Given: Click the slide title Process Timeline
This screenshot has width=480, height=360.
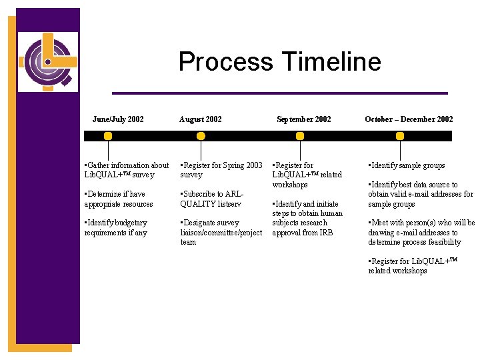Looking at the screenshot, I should click(x=279, y=62).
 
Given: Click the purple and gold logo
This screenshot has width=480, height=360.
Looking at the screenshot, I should click(x=47, y=61).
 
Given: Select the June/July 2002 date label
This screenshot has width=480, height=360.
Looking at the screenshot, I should click(x=118, y=119).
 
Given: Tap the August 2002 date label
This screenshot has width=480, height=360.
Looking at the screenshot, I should click(x=201, y=119).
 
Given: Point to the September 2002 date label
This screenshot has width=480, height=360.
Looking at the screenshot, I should click(x=303, y=119).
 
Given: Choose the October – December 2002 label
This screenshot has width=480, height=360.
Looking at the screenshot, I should click(x=409, y=119).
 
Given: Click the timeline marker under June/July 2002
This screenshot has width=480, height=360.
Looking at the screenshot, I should click(x=108, y=136).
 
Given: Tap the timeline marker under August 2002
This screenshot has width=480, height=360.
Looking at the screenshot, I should click(x=201, y=136).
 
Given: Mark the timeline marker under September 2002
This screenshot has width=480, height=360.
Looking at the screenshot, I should click(x=300, y=136).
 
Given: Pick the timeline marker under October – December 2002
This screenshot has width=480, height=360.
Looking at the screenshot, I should click(x=399, y=136).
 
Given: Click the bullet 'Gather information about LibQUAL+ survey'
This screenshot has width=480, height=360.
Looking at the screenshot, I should click(x=127, y=170).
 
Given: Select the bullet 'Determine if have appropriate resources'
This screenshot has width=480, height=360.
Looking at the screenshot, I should click(x=119, y=199).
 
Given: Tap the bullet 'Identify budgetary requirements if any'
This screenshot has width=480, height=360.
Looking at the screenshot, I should click(x=116, y=227).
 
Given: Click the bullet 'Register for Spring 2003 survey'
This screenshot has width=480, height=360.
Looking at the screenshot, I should click(x=221, y=170).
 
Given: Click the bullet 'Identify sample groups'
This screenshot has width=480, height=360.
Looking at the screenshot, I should click(x=408, y=165).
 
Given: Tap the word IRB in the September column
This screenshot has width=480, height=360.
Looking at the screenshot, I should click(x=326, y=233).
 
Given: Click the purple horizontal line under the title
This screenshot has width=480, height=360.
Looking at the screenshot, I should click(x=279, y=93).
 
